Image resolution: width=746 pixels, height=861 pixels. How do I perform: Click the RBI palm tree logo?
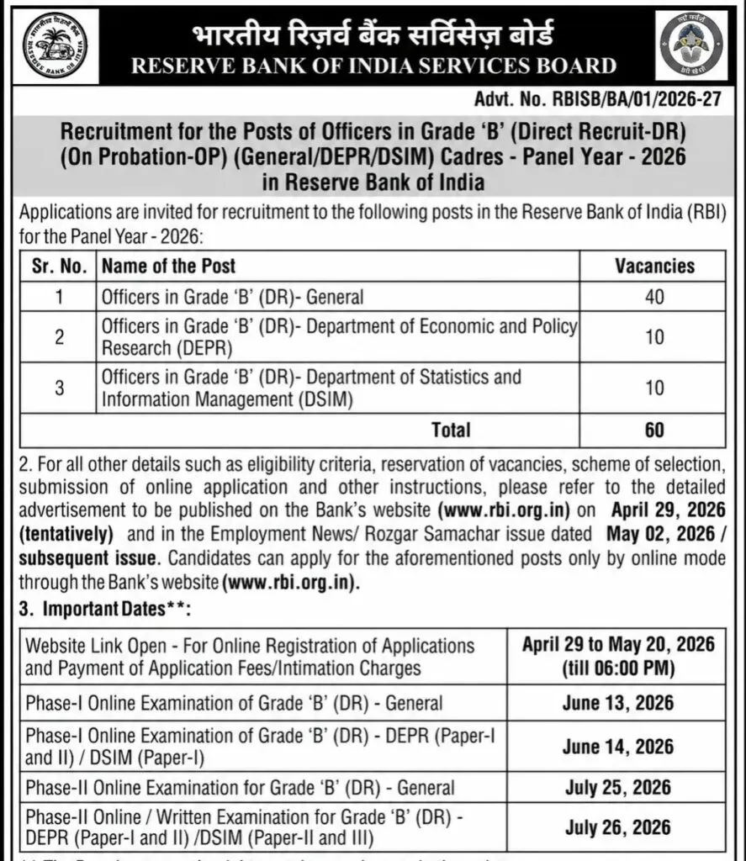coord(54,45)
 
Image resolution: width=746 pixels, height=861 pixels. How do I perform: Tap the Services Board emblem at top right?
coord(692,45)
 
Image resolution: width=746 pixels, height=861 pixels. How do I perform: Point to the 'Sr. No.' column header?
coord(59,267)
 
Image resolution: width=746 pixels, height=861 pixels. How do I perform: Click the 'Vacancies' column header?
coord(654,267)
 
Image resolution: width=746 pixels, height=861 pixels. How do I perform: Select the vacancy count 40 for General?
coord(654,297)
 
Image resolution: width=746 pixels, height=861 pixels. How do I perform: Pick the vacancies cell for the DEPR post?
coord(654,337)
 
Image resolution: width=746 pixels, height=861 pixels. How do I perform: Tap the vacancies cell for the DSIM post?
coord(654,388)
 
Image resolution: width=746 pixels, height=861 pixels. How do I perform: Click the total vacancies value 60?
coord(654,430)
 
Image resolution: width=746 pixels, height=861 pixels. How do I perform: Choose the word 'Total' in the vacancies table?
coord(451,430)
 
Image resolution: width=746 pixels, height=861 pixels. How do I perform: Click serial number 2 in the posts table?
coord(59,337)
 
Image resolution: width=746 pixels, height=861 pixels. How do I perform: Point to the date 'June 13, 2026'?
coord(618,703)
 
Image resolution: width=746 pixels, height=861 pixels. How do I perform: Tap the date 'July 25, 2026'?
coord(618,788)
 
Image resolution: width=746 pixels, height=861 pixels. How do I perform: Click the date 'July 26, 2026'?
coord(618,827)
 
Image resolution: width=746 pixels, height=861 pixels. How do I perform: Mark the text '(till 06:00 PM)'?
coord(618,668)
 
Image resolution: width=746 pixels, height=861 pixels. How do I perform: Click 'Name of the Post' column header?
coord(168,267)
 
